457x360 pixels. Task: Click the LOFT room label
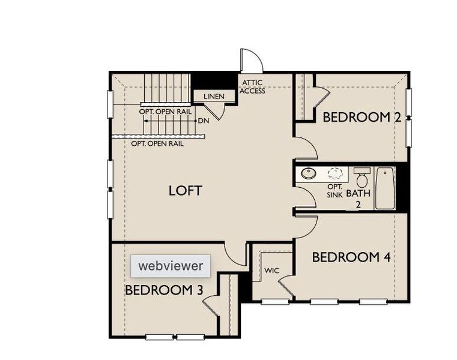185,191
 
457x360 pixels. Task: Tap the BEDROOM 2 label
362,117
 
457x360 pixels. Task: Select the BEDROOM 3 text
164,290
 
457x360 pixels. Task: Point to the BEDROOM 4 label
351,257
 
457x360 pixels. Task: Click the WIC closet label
272,271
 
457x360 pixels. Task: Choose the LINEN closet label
214,97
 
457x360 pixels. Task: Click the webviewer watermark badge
171,265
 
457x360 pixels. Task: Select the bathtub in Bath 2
384,188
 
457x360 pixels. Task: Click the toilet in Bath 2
362,179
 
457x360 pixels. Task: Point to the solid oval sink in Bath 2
309,173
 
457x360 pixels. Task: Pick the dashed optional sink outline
335,173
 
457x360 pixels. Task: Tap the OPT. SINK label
334,191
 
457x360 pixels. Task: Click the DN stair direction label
203,121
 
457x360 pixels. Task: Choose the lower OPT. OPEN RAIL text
157,144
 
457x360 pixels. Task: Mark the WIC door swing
286,286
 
